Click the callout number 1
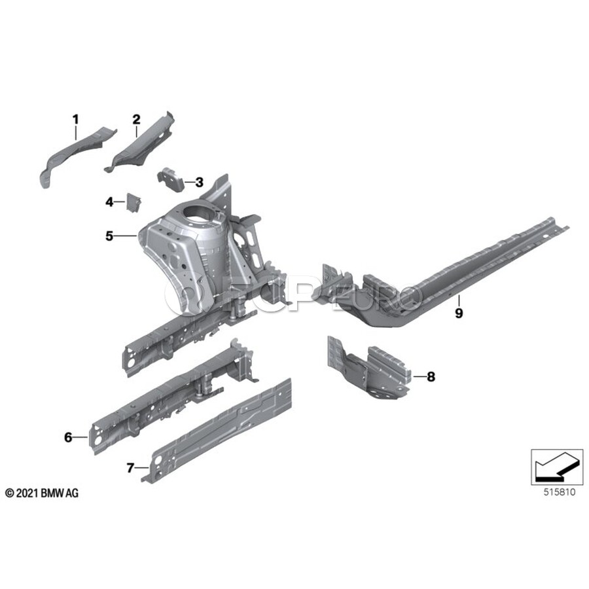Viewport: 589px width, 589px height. (x=75, y=119)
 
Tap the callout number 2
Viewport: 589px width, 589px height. (x=136, y=119)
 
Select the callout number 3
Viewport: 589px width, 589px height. (x=199, y=182)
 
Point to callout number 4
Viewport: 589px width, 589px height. (x=110, y=202)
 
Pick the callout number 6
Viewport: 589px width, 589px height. (x=68, y=438)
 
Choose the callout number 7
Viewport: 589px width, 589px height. (x=130, y=468)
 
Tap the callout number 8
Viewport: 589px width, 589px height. (x=430, y=376)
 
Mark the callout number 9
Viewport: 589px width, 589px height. (x=459, y=313)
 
